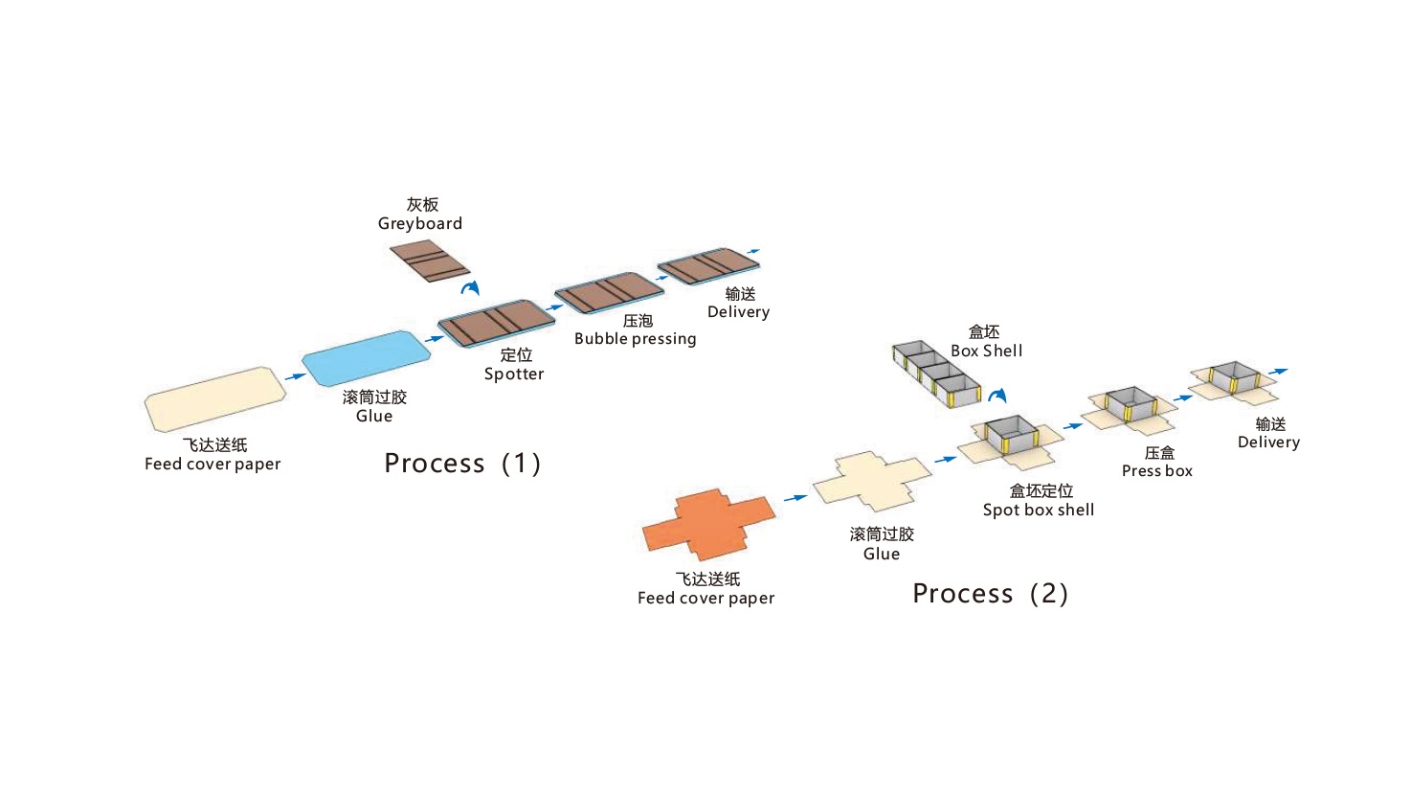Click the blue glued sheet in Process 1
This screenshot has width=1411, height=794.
point(367,356)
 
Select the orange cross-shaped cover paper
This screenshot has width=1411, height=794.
point(708,524)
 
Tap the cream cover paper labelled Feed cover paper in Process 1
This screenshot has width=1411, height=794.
point(215,397)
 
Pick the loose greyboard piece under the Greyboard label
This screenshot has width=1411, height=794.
point(429,260)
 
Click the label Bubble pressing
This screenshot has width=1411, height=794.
point(635,339)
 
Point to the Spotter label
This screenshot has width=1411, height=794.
point(514,374)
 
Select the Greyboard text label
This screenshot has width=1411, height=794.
point(420,224)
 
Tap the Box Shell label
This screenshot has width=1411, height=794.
point(986,352)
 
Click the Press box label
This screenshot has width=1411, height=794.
point(1156,471)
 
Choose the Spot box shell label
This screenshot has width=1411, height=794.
point(1038,510)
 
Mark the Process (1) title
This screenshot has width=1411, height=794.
point(463,465)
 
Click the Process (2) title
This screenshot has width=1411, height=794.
point(991,595)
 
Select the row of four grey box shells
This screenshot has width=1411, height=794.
point(937,374)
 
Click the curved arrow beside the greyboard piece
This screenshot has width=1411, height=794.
point(470,287)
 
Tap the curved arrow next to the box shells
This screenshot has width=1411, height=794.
point(998,395)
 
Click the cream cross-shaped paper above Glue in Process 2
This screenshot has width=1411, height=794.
point(872,482)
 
